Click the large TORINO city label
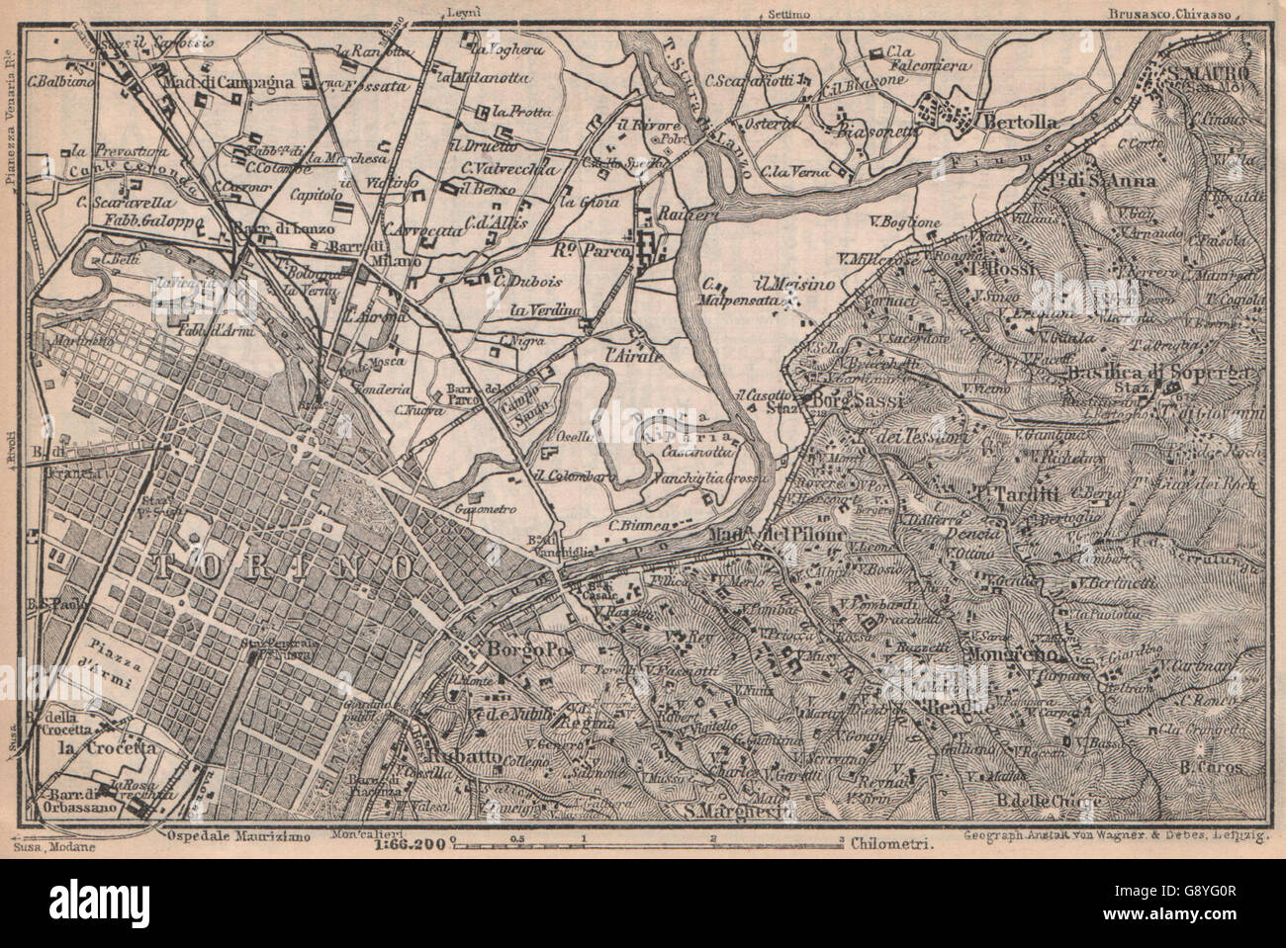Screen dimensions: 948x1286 pyautogui.click(x=284, y=565)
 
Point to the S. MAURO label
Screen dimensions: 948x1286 pyautogui.click(x=1208, y=73)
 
